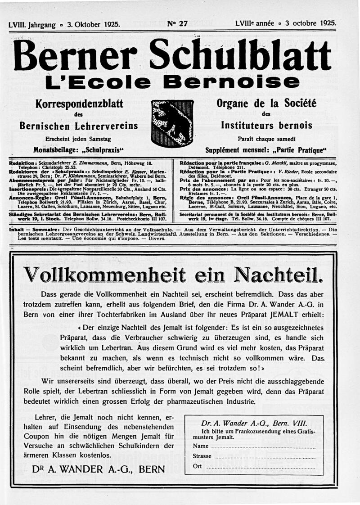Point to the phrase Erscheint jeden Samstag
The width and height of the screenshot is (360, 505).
(x=79, y=139)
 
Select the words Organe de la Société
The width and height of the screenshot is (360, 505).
(x=266, y=104)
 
